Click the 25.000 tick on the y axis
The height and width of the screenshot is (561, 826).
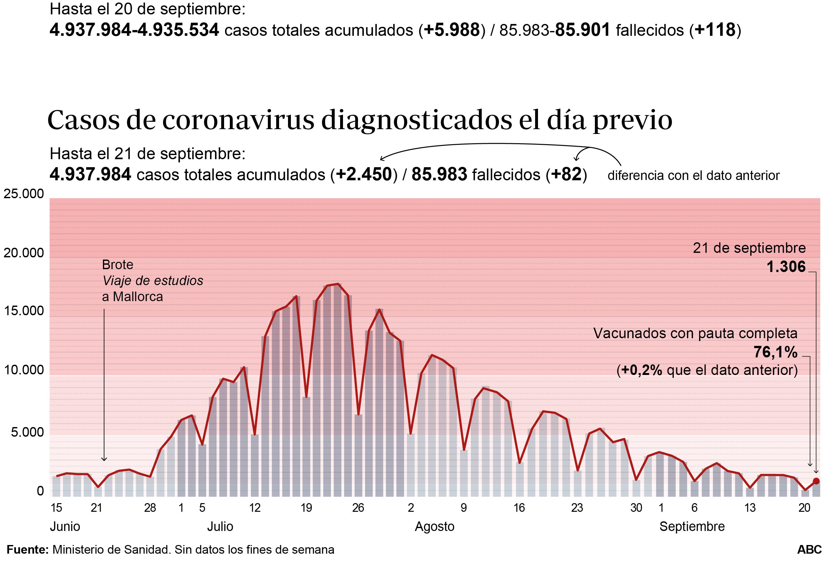coord(23,194)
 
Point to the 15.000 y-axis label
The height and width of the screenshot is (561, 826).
coord(23,311)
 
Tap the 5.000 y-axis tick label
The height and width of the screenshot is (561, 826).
coord(27,432)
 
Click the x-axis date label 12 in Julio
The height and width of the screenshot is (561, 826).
coord(255,508)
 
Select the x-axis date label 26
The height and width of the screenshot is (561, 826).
coord(358,508)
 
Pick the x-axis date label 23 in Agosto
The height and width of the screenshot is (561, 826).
coord(577,508)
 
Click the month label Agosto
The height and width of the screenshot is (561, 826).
coord(434,526)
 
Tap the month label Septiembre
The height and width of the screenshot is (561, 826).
coord(692,526)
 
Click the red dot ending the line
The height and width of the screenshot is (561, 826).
coord(816,481)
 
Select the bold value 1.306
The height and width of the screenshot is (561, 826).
coord(785,267)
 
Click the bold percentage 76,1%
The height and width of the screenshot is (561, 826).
coord(775,352)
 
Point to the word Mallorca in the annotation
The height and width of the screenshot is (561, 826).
coord(137,297)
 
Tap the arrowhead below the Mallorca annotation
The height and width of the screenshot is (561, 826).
coord(104,459)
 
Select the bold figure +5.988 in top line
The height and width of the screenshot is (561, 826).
coord(452,30)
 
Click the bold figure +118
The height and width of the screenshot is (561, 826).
coord(715,30)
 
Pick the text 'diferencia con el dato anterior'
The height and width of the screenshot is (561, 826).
coord(693,175)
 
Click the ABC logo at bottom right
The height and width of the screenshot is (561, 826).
coord(809,549)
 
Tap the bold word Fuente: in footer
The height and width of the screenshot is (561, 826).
coord(28,549)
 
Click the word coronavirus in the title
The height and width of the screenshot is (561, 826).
coord(238,120)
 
